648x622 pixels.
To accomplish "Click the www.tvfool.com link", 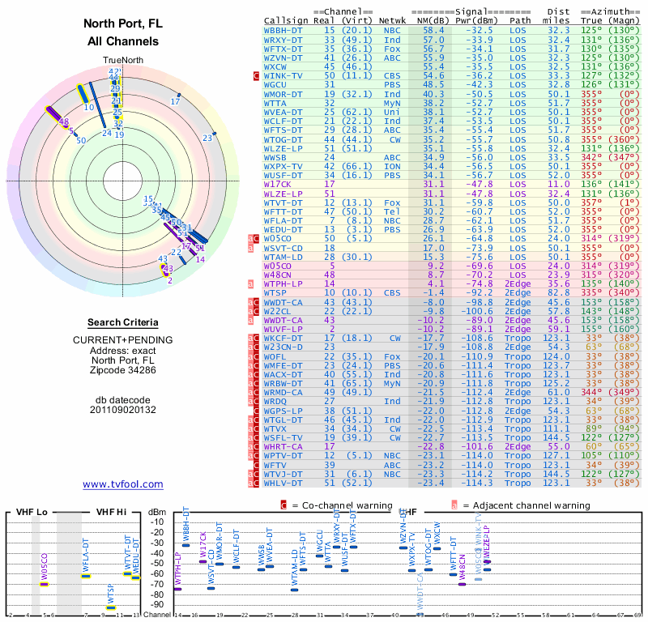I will point(122,484).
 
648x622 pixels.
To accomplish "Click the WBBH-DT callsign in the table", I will point(283,29).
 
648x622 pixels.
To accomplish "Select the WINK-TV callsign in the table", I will point(283,75).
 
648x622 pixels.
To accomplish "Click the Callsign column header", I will point(287,20).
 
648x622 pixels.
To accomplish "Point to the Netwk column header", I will point(392,20).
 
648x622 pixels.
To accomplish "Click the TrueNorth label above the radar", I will point(122,61).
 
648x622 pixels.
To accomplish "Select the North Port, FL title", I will point(122,23).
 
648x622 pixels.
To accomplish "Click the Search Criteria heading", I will point(122,322).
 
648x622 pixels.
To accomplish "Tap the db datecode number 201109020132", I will point(122,409).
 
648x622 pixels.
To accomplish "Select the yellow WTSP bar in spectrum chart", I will point(111,607).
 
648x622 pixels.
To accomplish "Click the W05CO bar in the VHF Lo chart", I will point(45,584).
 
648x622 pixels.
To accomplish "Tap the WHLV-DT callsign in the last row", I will point(283,483).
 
